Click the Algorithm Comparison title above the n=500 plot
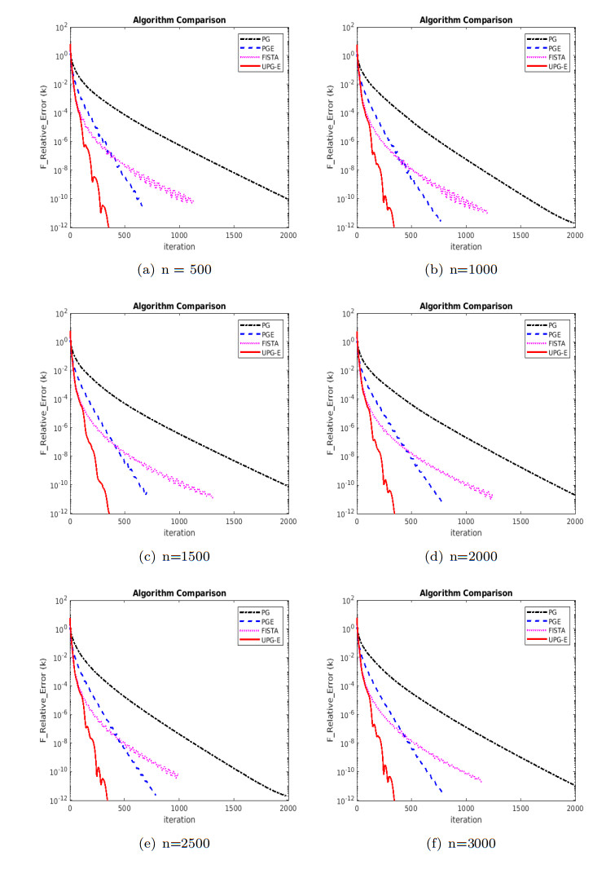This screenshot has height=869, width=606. click(179, 20)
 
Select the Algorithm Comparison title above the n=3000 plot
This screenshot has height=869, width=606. click(466, 593)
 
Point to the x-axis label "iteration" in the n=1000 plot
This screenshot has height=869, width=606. click(466, 246)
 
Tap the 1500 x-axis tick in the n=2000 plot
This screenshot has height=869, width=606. click(520, 522)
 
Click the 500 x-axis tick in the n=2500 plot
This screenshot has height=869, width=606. click(125, 809)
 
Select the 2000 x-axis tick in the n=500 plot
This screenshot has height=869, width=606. click(288, 235)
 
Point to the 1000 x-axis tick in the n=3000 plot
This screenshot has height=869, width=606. click(466, 809)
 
